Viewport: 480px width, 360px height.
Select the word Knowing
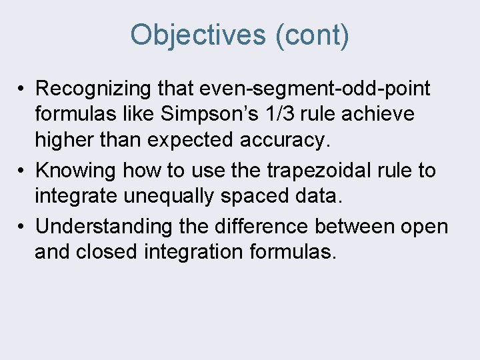pyautogui.click(x=77, y=171)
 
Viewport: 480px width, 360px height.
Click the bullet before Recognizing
pyautogui.click(x=22, y=89)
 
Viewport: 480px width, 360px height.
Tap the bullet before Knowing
pyautogui.click(x=22, y=171)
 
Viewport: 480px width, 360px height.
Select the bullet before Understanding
pyautogui.click(x=22, y=227)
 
